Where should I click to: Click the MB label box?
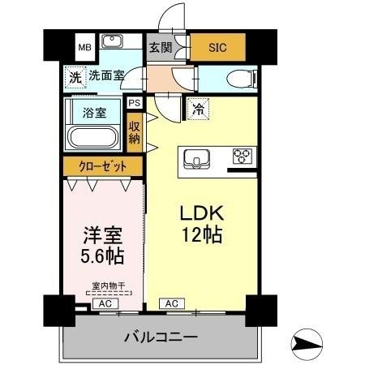84,47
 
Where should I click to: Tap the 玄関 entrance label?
158,47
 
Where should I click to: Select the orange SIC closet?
217,47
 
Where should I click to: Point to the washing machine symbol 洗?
75,78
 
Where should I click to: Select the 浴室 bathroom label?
95,113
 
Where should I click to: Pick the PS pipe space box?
134,103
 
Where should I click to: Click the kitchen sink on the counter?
197,157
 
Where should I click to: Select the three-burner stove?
243,156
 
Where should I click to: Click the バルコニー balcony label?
161,336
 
